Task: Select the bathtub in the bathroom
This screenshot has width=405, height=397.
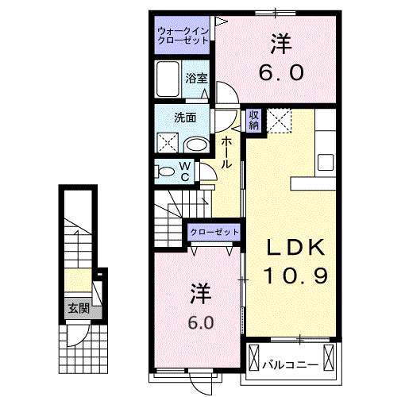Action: (x=168, y=80)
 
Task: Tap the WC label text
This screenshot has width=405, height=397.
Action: (x=183, y=171)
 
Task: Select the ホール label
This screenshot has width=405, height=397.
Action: (x=226, y=151)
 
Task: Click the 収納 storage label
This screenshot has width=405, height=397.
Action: (x=254, y=120)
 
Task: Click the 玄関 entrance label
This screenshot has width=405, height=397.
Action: (x=76, y=308)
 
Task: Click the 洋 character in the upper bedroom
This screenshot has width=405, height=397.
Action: (x=280, y=41)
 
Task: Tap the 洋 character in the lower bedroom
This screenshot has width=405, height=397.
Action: (x=201, y=292)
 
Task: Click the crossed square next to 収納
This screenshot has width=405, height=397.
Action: (x=279, y=120)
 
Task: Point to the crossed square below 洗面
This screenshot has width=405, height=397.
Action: (x=167, y=144)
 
